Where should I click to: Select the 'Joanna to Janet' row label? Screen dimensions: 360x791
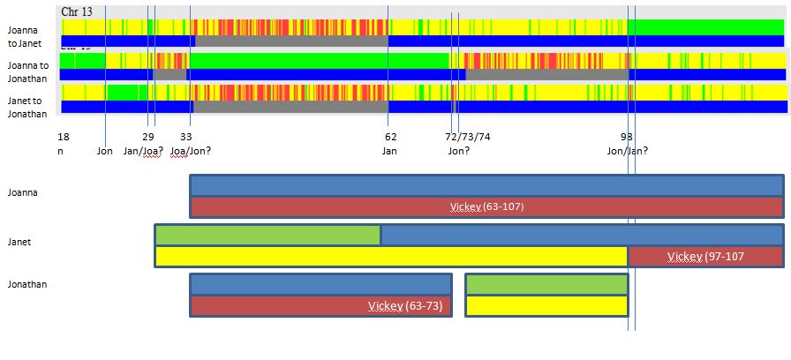coord(22,35)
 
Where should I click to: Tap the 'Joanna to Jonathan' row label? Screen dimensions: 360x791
coord(27,71)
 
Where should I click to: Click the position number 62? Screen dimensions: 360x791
coord(390,137)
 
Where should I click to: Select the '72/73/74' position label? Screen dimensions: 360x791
coord(468,137)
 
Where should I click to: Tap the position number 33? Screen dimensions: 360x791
coord(185,137)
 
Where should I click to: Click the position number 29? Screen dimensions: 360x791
coord(148,137)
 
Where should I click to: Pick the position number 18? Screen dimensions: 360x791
coord(63,137)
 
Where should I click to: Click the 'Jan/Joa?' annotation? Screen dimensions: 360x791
coord(143,151)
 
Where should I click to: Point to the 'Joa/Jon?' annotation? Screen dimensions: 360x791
coord(190,151)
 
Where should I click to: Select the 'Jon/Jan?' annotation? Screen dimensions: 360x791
coord(627,151)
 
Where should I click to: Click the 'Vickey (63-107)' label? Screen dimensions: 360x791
coord(486,207)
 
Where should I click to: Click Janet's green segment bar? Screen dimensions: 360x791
coord(267,236)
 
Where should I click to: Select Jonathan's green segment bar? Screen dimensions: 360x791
coord(546,284)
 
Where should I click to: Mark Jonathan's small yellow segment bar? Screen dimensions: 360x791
coord(546,305)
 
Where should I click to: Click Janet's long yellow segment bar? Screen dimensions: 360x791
coord(391,257)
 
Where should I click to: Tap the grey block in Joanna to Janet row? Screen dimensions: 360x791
coord(291,41)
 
